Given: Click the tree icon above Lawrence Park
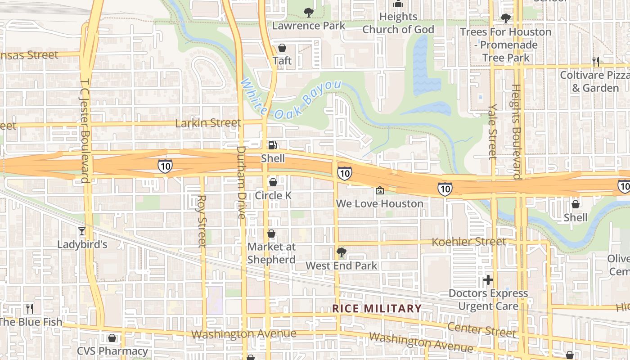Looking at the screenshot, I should pyautogui.click(x=308, y=12).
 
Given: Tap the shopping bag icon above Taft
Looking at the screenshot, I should pyautogui.click(x=282, y=47).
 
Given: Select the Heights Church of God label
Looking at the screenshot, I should pyautogui.click(x=398, y=23).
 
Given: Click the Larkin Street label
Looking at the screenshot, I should pyautogui.click(x=208, y=123).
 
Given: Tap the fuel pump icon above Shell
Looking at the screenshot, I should pyautogui.click(x=273, y=145).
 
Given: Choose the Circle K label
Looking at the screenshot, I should pyautogui.click(x=273, y=195).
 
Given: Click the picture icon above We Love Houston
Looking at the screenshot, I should pyautogui.click(x=380, y=190).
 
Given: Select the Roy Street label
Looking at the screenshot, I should pyautogui.click(x=202, y=221).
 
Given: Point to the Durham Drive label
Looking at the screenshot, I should pyautogui.click(x=242, y=182).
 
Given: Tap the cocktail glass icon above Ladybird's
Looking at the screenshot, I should pyautogui.click(x=82, y=231).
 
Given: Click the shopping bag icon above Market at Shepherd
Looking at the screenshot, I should pyautogui.click(x=271, y=234).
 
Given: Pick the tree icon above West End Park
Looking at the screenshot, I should pyautogui.click(x=342, y=252).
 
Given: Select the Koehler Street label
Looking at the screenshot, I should pyautogui.click(x=468, y=242).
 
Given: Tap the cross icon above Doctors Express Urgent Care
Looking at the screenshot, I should pyautogui.click(x=488, y=280).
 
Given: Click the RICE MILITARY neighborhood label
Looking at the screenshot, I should pyautogui.click(x=377, y=308).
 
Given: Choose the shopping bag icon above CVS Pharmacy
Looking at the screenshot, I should pyautogui.click(x=112, y=337).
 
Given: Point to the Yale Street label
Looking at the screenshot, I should pyautogui.click(x=493, y=131).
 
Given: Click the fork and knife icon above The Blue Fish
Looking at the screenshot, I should pyautogui.click(x=30, y=309).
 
